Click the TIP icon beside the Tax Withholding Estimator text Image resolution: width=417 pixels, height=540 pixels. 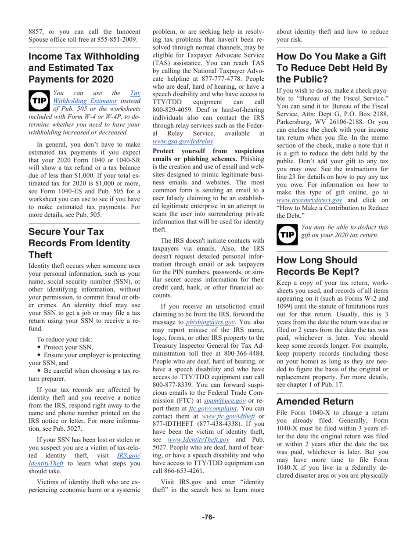click(38, 100)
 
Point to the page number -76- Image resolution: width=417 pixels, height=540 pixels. click(208, 517)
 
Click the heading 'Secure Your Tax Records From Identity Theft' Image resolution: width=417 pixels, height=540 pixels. click(79, 242)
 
